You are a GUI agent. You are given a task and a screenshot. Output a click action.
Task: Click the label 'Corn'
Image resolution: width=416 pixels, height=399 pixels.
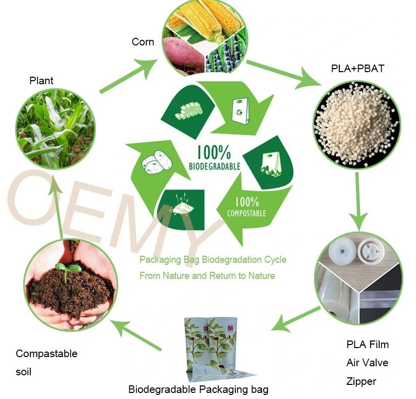click(143, 42)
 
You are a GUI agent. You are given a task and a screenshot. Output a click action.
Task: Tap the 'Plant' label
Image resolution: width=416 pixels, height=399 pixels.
click(41, 81)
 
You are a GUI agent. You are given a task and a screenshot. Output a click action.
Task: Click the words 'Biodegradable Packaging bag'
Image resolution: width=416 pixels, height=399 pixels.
click(198, 389)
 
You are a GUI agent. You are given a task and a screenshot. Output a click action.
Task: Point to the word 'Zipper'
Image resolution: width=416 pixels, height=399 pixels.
click(361, 381)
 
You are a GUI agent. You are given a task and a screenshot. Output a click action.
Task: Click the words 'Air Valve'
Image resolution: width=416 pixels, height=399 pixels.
click(367, 363)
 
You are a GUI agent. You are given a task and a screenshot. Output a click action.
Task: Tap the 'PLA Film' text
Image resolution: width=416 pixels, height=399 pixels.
click(368, 345)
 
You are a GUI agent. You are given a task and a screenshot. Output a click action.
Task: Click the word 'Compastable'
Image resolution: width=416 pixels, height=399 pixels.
click(46, 354)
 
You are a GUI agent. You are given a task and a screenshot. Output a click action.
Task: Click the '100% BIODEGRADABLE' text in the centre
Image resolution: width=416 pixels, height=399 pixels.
click(214, 157)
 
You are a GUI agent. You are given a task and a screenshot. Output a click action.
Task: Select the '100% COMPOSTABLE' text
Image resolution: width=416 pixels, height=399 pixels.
click(246, 206)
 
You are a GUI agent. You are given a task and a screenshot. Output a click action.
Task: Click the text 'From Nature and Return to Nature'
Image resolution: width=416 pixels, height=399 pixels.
click(207, 276)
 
